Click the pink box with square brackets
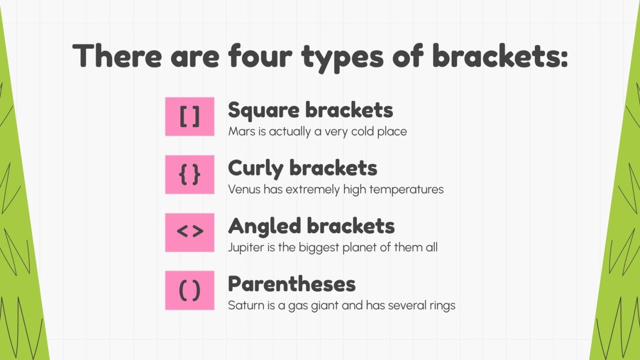(189, 117)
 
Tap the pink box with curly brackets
(189, 175)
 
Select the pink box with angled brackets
(189, 232)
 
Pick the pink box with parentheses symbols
(189, 290)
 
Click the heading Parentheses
(292, 284)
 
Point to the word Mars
(241, 131)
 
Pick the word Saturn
(244, 305)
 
